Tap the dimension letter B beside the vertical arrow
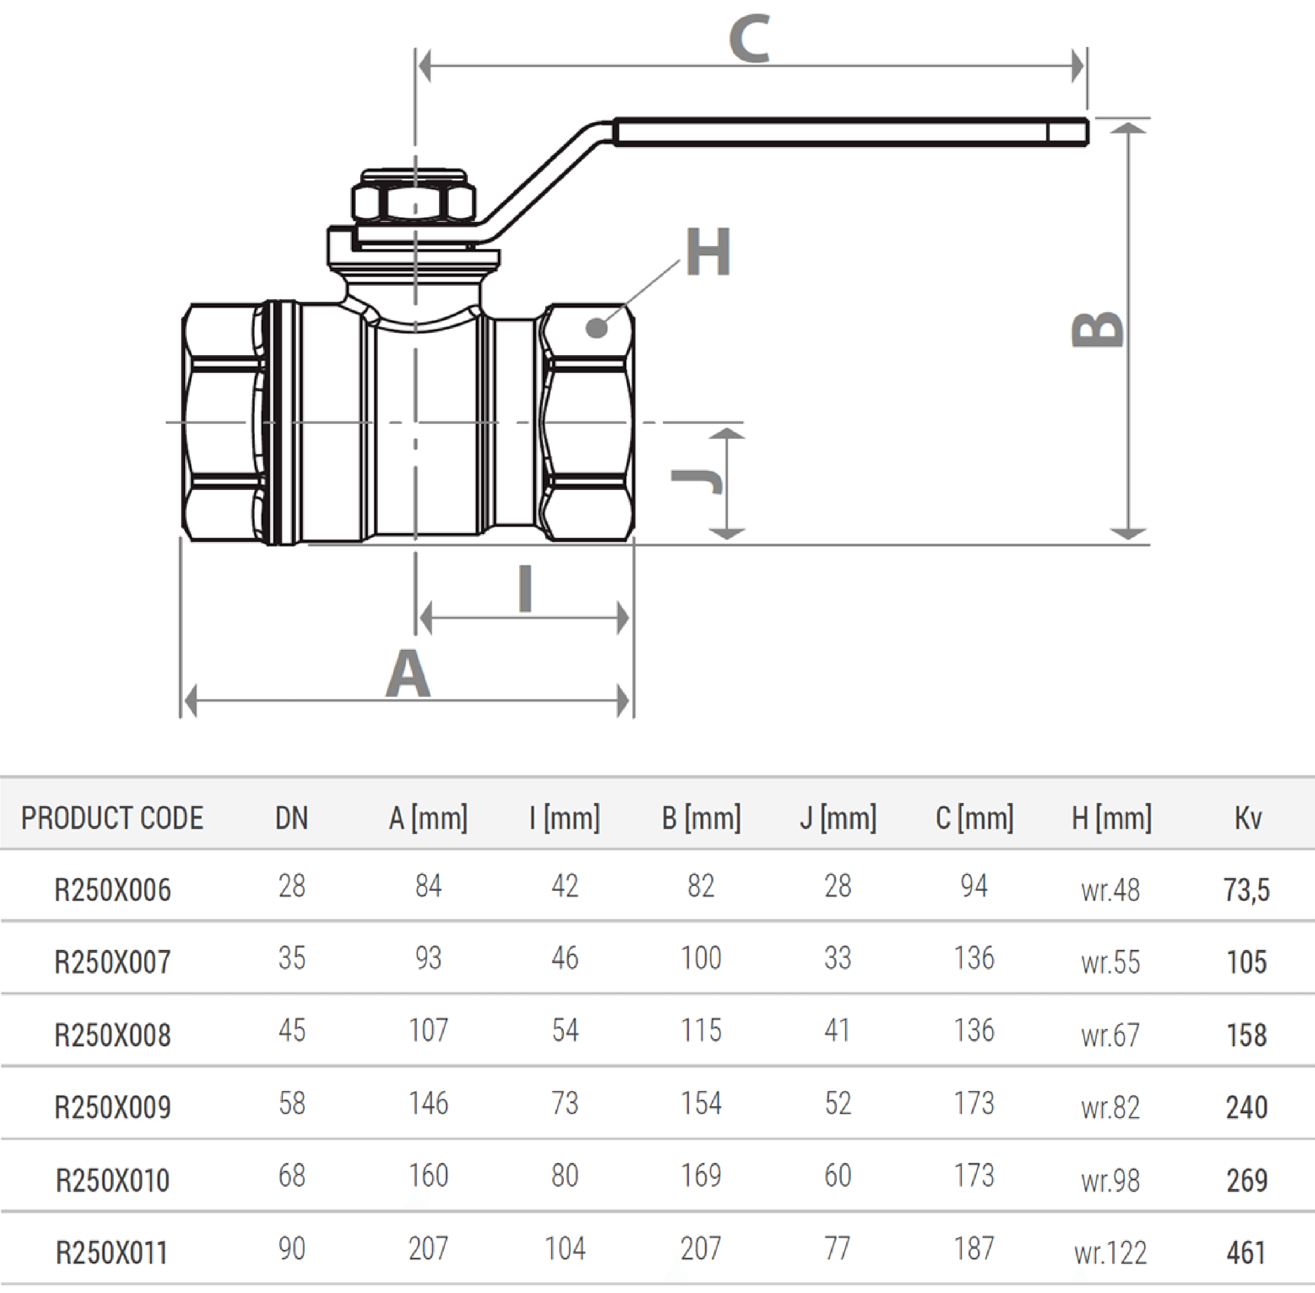1097,329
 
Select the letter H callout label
708,251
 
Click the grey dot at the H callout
597,328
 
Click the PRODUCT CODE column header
112,818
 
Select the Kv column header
1248,818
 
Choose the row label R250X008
113,1035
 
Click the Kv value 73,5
1247,890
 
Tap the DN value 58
292,1103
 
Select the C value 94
974,885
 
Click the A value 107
429,1030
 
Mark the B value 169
701,1175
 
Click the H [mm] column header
1111,818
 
